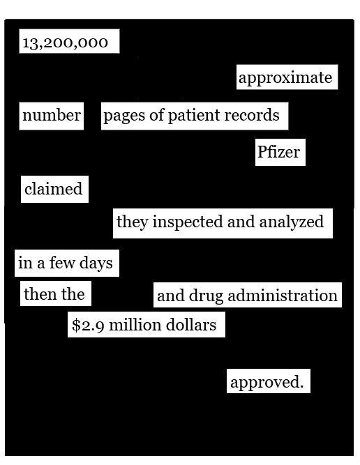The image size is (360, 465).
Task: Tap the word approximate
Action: point(285,78)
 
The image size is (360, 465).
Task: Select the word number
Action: point(52,115)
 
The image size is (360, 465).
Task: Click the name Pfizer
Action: point(278,152)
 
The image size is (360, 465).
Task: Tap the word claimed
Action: point(54,189)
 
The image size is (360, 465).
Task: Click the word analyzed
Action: point(292,222)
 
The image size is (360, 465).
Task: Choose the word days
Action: point(96,264)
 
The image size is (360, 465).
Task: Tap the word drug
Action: point(206,296)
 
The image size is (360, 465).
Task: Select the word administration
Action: point(283,296)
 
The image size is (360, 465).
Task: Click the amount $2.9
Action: point(88,326)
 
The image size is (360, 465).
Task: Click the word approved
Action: point(267,383)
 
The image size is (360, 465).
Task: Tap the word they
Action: point(132,222)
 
